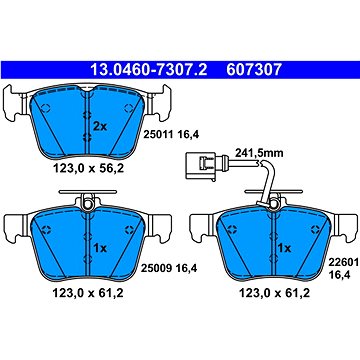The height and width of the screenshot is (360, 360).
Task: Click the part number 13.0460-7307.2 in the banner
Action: coord(149,70)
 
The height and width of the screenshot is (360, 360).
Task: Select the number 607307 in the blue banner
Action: coord(254,70)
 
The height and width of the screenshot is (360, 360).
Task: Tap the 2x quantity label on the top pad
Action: coord(100,127)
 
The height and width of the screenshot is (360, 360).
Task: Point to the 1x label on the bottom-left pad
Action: coord(99,248)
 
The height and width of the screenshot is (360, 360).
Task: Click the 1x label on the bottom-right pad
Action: coord(285,248)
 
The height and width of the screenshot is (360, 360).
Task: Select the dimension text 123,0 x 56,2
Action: coord(88,169)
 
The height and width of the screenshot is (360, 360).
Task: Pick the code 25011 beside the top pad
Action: coord(158,134)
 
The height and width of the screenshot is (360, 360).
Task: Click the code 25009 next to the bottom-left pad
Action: coord(156,268)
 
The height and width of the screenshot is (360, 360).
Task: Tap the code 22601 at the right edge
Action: coord(344,262)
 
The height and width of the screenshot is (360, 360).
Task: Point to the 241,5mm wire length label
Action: coord(259,153)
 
